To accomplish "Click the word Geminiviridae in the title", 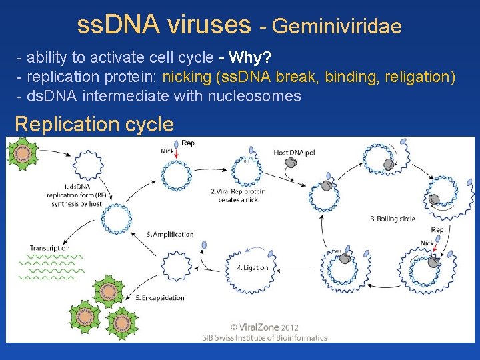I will click(x=337, y=26).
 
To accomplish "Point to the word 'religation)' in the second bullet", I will click(x=420, y=77).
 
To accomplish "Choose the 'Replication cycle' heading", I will click(x=94, y=124).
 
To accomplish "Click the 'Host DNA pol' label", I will click(x=295, y=153).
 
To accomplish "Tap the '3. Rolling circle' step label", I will click(x=393, y=219).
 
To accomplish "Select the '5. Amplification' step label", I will click(x=170, y=234).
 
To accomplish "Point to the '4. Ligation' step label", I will click(x=253, y=267).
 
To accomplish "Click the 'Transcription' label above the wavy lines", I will click(x=49, y=248).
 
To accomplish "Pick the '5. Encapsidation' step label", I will click(x=159, y=297).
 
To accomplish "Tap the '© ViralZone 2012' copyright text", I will click(x=264, y=327).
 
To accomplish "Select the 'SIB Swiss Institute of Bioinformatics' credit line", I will click(x=265, y=337).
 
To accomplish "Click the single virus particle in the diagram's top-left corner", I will click(x=23, y=153).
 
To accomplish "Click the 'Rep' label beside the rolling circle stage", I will click(x=437, y=229).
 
